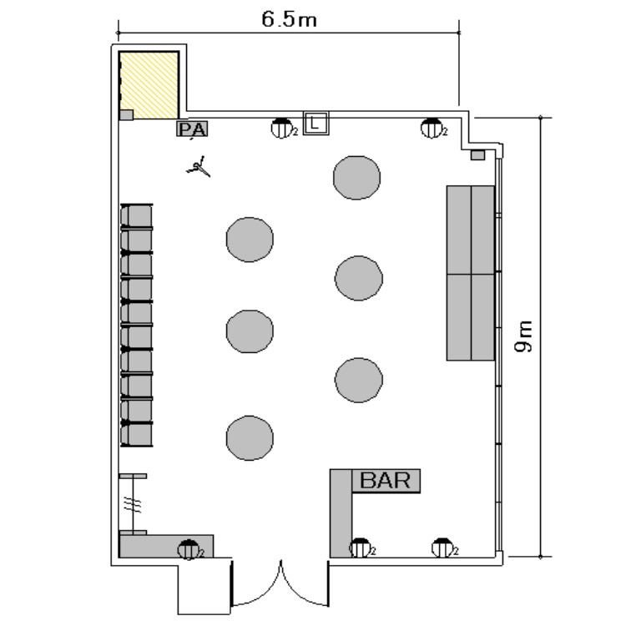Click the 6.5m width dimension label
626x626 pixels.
289,19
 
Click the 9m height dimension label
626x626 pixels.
523,336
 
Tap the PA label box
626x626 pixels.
193,129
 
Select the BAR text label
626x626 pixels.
386,480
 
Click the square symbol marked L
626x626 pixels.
316,123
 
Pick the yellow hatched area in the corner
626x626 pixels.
149,85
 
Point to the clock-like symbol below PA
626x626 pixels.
199,167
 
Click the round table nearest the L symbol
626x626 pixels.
356,177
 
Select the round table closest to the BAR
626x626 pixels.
359,380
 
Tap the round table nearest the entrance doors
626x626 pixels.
250,438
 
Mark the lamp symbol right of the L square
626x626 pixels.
432,129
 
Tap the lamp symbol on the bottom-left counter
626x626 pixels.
189,549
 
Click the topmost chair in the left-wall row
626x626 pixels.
137,215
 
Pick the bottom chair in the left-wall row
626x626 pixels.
137,434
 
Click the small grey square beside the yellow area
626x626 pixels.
126,115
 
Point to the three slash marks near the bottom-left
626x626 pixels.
132,505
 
